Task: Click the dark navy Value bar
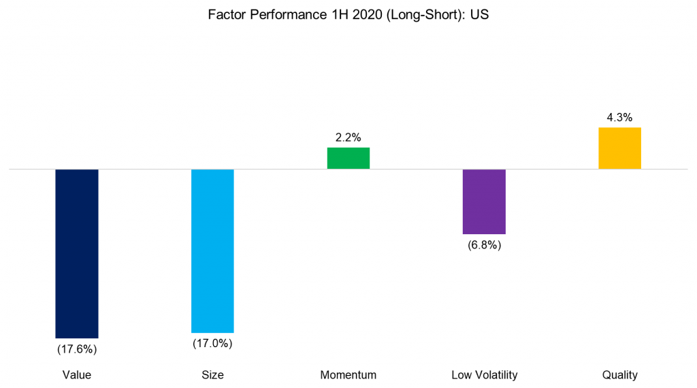tap(77, 253)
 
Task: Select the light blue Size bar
tap(212, 250)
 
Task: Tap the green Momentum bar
tap(348, 158)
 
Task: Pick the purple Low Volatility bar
tap(484, 201)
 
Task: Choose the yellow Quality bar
tap(619, 148)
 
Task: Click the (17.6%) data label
tap(77, 350)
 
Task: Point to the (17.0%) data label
tap(212, 344)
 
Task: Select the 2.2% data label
tap(348, 137)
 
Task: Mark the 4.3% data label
tap(619, 116)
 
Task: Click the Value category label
tap(77, 375)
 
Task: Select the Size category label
tap(212, 375)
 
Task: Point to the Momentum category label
tap(348, 375)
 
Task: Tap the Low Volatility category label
tap(484, 375)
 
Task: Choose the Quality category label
tap(619, 375)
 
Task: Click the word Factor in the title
tap(226, 15)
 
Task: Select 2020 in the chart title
tap(353, 15)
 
